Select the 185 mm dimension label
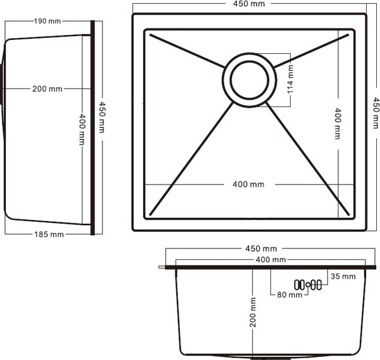pyautogui.click(x=48, y=235)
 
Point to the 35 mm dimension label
pyautogui.click(x=343, y=276)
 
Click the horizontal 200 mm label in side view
pyautogui.click(x=47, y=89)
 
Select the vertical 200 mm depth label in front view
pyautogui.click(x=253, y=313)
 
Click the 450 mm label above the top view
pyautogui.click(x=249, y=5)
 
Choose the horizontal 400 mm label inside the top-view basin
pyautogui.click(x=248, y=184)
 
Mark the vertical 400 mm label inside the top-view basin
pyautogui.click(x=338, y=123)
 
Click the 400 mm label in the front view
pyautogui.click(x=270, y=260)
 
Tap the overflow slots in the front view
pyautogui.click(x=308, y=285)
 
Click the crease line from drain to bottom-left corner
pyautogui.click(x=190, y=158)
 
